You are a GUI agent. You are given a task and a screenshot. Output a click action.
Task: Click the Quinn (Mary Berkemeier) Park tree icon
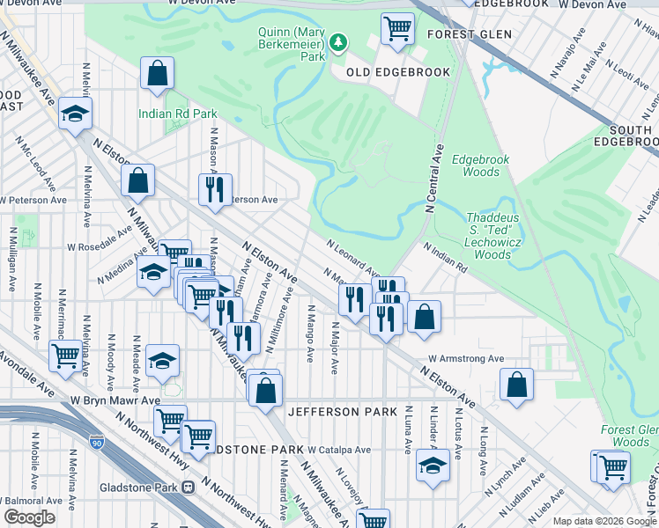[x=337, y=42]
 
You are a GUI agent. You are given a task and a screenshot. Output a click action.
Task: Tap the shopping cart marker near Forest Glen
[x=397, y=28]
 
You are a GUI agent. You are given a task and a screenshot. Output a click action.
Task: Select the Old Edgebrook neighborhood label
[x=397, y=72]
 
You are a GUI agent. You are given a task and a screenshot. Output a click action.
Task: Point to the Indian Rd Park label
[x=177, y=114]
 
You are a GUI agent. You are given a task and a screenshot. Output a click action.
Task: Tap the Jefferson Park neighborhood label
[x=336, y=412]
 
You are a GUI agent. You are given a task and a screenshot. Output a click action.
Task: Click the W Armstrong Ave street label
[x=466, y=359]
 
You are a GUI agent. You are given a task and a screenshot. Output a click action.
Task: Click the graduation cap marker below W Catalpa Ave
[x=433, y=466]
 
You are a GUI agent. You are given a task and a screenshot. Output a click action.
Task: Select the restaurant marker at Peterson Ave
[x=215, y=189]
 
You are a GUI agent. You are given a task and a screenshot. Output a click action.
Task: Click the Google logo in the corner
[x=28, y=517]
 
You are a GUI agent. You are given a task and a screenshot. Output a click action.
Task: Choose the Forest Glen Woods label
[x=630, y=436]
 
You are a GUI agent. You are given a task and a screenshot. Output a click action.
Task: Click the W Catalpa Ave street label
[x=339, y=450]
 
